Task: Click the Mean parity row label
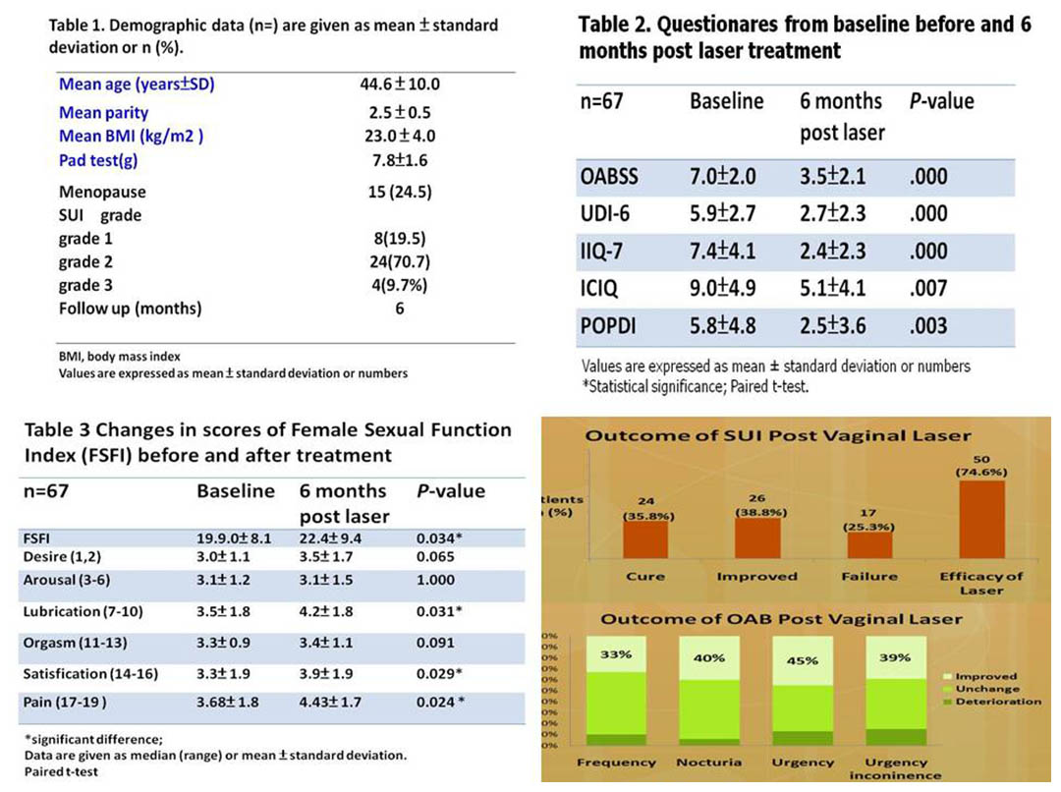tap(103, 112)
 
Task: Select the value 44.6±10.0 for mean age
tap(400, 84)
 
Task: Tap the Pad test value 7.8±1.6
tap(400, 160)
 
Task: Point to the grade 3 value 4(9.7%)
tap(399, 285)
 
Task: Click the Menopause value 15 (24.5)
tap(400, 192)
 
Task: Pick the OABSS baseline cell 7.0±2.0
tap(723, 177)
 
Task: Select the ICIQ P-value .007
tap(927, 288)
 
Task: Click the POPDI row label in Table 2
tap(608, 325)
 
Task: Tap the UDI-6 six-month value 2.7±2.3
tap(832, 214)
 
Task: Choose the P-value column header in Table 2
tap(941, 101)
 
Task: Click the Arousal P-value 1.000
tap(435, 580)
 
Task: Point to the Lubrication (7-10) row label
tap(83, 612)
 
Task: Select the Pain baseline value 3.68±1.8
tap(227, 703)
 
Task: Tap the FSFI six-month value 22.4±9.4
tap(330, 538)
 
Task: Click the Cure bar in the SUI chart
tap(644, 539)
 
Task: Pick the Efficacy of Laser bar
tap(981, 520)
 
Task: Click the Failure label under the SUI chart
tap(869, 577)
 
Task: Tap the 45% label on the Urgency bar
tap(802, 660)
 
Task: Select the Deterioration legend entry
tap(992, 702)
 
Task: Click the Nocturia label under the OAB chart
tap(708, 763)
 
